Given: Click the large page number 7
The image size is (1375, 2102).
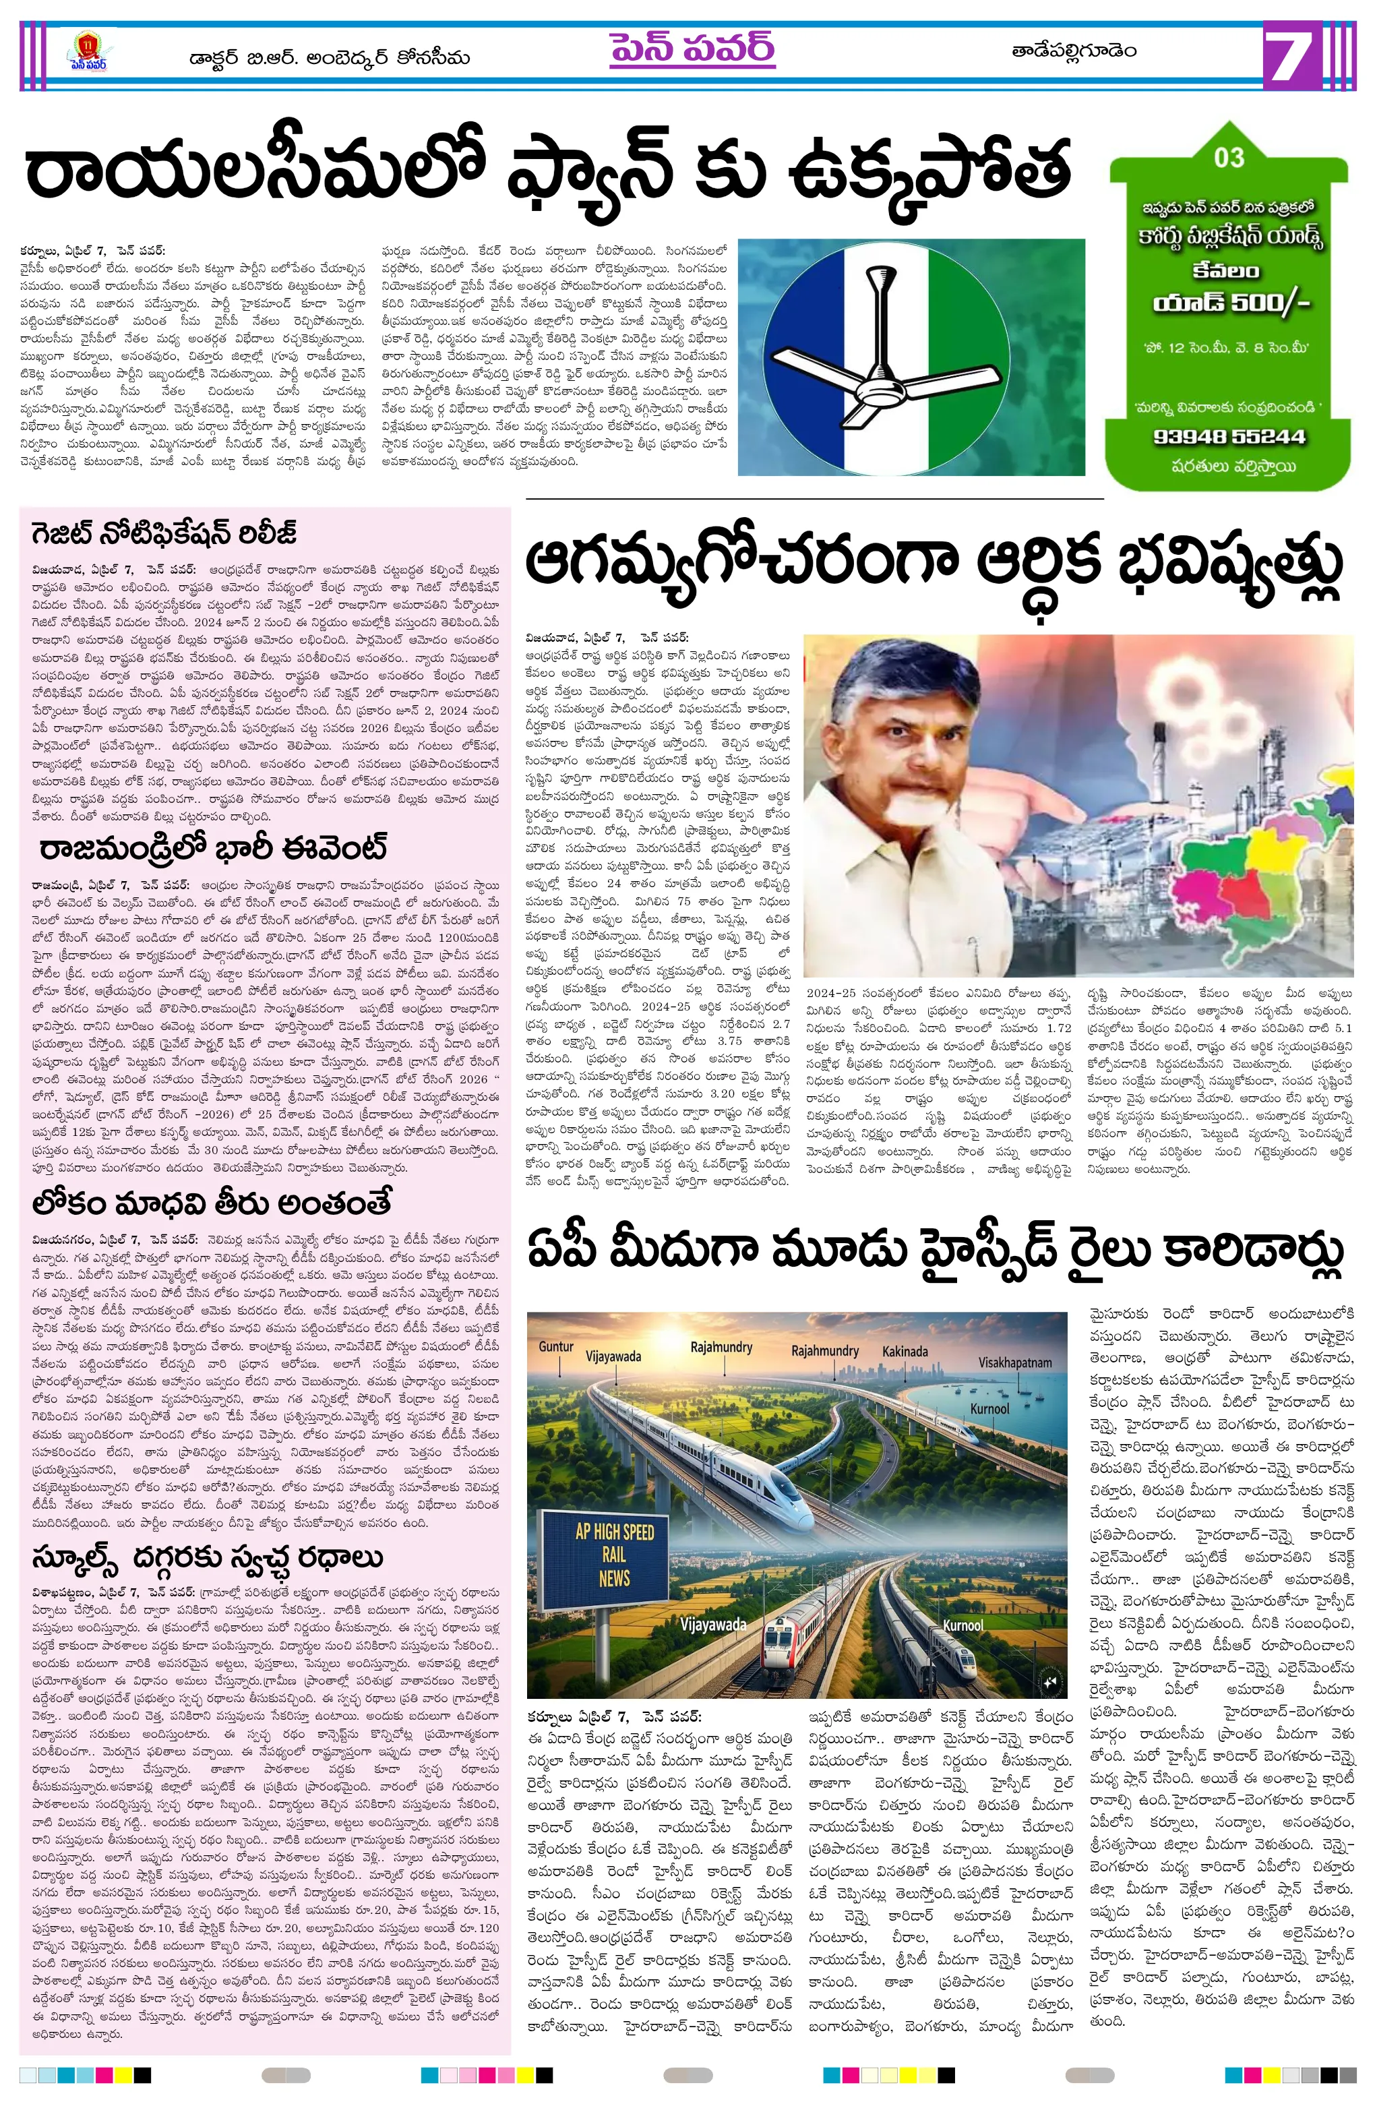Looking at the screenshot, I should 1295,55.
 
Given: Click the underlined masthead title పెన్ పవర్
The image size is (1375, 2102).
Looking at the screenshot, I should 692,49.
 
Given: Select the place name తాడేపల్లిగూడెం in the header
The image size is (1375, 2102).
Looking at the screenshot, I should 1073,51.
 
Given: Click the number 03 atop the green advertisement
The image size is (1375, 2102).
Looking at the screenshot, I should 1229,158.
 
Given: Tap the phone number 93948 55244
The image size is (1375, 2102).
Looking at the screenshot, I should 1229,436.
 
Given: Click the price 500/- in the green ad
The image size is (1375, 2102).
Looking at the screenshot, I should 1264,303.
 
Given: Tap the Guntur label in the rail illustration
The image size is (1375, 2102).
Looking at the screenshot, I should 556,1346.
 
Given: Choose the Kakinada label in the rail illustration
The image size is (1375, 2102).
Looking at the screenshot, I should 905,1350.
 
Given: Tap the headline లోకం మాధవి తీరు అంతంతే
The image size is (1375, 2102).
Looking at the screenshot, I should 212,1203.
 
